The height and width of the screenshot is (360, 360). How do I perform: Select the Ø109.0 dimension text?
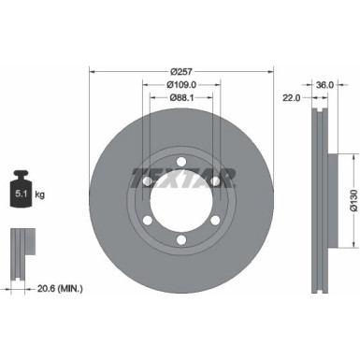(x=182, y=82)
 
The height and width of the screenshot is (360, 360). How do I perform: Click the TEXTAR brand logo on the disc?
(x=182, y=177)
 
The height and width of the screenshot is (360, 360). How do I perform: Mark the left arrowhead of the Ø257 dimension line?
(x=93, y=68)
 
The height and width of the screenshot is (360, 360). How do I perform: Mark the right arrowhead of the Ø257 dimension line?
(x=272, y=68)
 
